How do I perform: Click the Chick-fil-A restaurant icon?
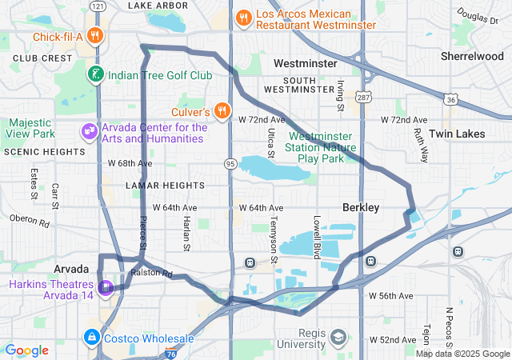(x=95, y=35)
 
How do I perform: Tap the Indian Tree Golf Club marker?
(x=95, y=74)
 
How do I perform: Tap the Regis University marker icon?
(x=338, y=336)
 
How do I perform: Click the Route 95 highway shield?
(x=230, y=163)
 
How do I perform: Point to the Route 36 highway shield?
(x=451, y=98)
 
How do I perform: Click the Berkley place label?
(x=361, y=207)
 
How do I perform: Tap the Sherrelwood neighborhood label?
(x=472, y=57)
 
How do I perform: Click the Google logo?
(x=27, y=350)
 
